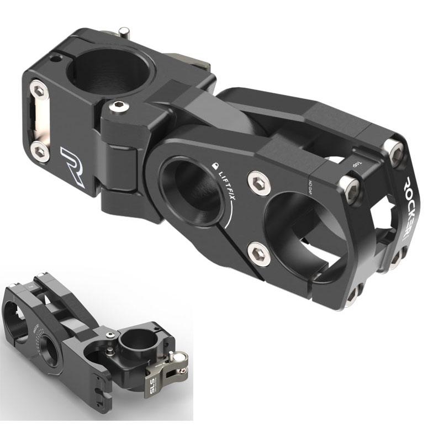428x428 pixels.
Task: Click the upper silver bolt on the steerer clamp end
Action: (x=38, y=87)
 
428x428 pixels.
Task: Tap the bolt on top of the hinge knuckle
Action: (x=118, y=106)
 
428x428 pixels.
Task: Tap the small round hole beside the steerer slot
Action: (x=55, y=57)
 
